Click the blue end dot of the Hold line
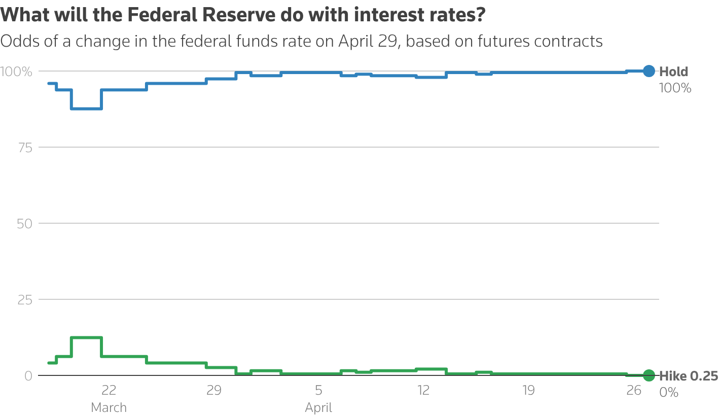click(649, 71)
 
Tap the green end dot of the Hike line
click(649, 375)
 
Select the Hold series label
click(673, 72)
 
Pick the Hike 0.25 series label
click(689, 376)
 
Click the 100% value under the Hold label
click(675, 88)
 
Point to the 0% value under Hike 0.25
click(669, 392)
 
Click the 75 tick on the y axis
click(25, 147)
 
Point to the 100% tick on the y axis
click(17, 72)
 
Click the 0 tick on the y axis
click(28, 376)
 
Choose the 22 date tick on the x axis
click(109, 390)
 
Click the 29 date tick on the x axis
click(213, 390)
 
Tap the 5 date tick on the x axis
click(318, 390)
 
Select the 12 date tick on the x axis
click(423, 390)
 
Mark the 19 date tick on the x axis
click(528, 390)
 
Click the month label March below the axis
click(109, 407)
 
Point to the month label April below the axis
click(318, 407)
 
